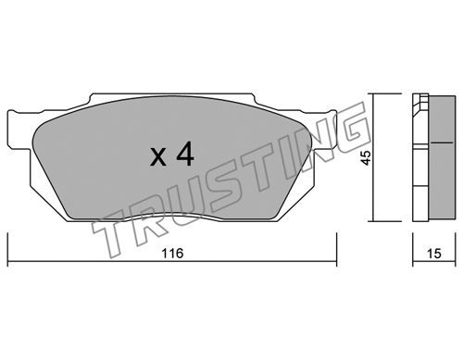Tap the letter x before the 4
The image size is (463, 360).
click(x=158, y=157)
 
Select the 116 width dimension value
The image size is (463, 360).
click(x=172, y=254)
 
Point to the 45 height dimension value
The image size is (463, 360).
click(x=367, y=158)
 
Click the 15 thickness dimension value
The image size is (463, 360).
click(x=434, y=254)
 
